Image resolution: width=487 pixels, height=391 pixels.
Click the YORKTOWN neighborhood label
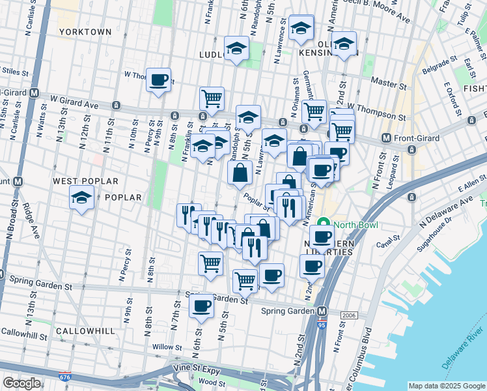[x=85, y=31]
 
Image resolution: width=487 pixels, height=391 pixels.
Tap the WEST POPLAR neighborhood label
[x=85, y=181]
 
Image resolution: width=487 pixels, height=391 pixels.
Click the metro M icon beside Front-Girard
[x=386, y=138]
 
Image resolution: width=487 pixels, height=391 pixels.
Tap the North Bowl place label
[x=357, y=225]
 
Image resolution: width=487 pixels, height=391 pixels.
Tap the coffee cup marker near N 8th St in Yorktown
[x=158, y=80]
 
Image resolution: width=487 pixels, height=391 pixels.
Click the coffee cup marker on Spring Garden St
[x=201, y=306]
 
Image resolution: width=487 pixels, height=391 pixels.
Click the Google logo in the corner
[x=21, y=383]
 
